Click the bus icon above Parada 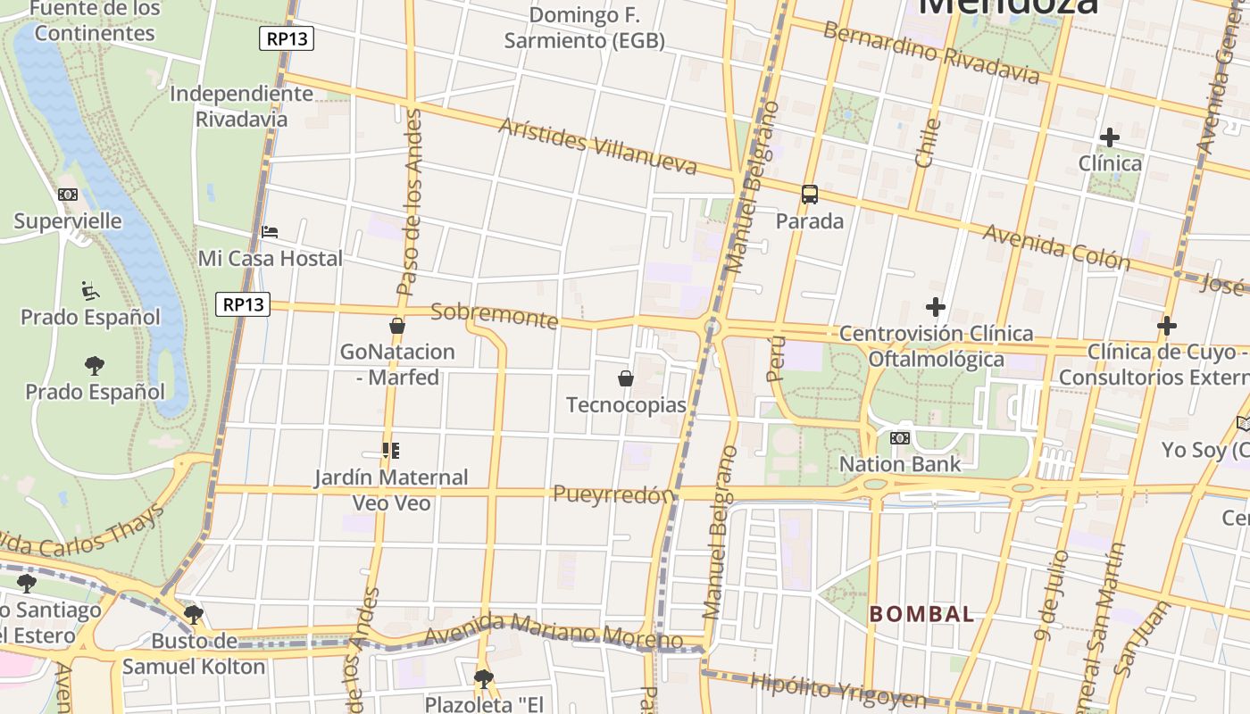tap(810, 194)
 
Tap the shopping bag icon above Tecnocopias tap(626, 378)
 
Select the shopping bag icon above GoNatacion tap(397, 326)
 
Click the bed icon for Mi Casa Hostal tap(270, 232)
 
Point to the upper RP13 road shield tap(287, 38)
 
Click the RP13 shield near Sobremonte tap(243, 304)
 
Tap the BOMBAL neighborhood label tap(922, 614)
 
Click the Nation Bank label tap(900, 463)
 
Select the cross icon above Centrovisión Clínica tap(935, 308)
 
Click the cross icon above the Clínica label tap(1109, 137)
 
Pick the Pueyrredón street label tap(612, 494)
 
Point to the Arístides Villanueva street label tap(597, 145)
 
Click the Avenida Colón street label tap(1056, 246)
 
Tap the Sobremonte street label tap(494, 315)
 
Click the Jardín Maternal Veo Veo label tap(391, 489)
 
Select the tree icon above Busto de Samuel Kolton tap(193, 614)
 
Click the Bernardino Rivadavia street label tap(931, 53)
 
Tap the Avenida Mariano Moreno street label tap(554, 630)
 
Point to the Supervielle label tap(68, 220)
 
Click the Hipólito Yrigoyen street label tap(838, 690)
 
